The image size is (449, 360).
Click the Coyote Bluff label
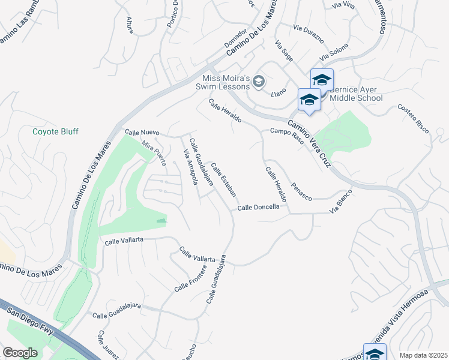click(x=55, y=131)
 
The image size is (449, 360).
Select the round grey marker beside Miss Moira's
click(x=259, y=82)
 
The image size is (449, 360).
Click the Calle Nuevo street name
click(x=142, y=132)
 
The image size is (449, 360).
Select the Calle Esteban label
click(x=223, y=182)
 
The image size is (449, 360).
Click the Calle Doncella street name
click(x=258, y=208)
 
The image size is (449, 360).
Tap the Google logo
click(x=20, y=353)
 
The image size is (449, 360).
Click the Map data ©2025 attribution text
click(x=423, y=355)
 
